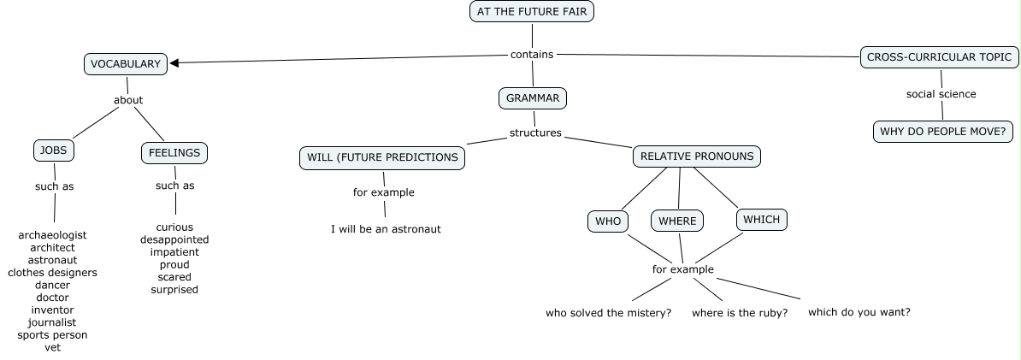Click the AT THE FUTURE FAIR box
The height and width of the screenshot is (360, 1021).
(x=531, y=11)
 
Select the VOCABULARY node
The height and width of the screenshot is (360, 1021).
(x=126, y=64)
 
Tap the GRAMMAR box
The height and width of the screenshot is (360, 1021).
(x=533, y=98)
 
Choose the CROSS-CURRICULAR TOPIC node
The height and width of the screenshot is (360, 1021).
(x=940, y=57)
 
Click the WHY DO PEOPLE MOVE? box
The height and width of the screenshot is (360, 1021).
(x=942, y=132)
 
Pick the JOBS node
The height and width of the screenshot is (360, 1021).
(x=53, y=151)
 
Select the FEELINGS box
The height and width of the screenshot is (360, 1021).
(x=174, y=153)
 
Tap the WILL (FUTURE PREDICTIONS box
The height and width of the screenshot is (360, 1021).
(x=382, y=157)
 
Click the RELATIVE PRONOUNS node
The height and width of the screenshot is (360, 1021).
(x=697, y=156)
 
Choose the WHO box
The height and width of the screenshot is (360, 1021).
(x=608, y=221)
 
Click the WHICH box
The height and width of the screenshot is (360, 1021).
(x=761, y=220)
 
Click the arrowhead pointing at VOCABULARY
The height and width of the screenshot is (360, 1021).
(x=174, y=62)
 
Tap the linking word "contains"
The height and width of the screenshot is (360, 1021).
(x=532, y=55)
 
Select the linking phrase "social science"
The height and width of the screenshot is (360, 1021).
(x=941, y=94)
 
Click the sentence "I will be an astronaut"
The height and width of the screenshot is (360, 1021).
(x=386, y=229)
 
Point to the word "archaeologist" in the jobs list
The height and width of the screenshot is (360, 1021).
(x=52, y=235)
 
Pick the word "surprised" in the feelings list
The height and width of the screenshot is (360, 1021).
(x=174, y=290)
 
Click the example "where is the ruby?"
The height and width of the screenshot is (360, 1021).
(x=739, y=313)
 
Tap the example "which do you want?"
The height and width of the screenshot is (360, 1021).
(x=859, y=312)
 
